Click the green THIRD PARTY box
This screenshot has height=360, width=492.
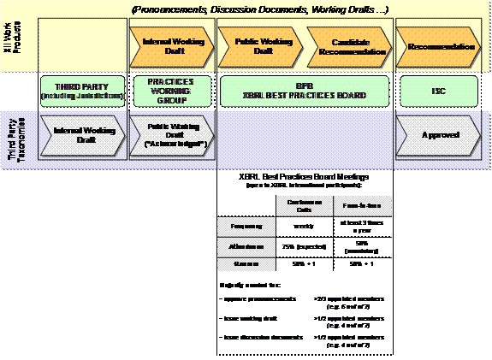tap(82, 91)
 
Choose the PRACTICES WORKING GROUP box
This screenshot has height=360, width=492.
tap(171, 91)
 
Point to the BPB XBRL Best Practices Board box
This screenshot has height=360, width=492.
tap(304, 91)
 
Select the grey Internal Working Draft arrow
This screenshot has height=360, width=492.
tap(80, 134)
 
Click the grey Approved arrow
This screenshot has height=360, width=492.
tap(436, 134)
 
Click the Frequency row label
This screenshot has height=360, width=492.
tap(245, 227)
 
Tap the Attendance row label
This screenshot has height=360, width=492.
tap(245, 246)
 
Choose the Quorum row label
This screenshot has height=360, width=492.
tap(245, 264)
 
